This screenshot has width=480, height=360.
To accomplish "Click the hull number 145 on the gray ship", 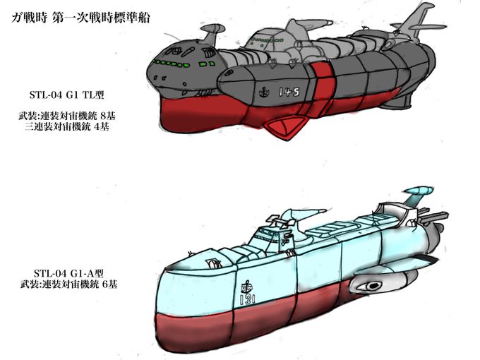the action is pos(289,92).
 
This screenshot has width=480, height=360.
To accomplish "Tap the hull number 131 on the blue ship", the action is pos(247,299).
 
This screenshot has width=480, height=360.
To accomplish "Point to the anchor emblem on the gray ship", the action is pos(263,92).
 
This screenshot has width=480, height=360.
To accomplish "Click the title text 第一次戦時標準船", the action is pos(102,18).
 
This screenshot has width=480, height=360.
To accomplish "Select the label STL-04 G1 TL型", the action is pos(67,95).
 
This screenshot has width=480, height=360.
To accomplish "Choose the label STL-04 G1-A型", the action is pos(68,272).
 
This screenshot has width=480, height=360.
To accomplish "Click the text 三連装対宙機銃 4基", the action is pos(67,127).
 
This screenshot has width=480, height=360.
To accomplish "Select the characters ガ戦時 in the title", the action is pos(30,18).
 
